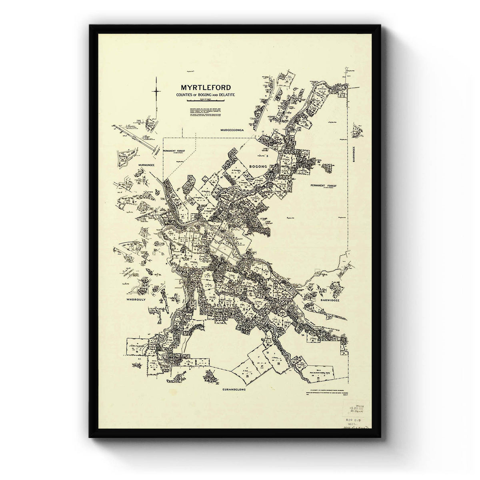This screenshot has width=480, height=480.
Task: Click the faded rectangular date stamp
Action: pyautogui.click(x=352, y=412)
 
